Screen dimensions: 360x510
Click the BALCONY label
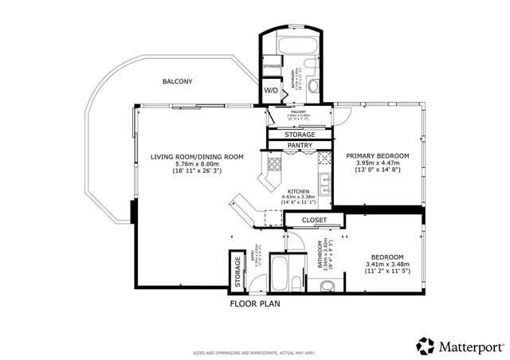(x=177, y=82)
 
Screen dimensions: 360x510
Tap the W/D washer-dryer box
(x=272, y=91)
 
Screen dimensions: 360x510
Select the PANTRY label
(x=300, y=146)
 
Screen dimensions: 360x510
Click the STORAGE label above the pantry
(x=300, y=135)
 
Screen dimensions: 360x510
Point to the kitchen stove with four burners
(x=274, y=166)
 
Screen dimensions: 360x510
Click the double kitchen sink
(x=324, y=168)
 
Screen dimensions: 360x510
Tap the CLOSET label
(x=303, y=219)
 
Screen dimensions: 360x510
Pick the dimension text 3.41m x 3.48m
(x=388, y=264)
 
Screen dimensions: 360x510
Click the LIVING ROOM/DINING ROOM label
(x=197, y=157)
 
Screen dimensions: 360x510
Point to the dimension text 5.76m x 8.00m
(x=197, y=164)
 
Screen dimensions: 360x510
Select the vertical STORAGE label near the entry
(x=237, y=271)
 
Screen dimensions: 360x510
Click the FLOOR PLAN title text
(x=255, y=303)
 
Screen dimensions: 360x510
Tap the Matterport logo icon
(x=425, y=346)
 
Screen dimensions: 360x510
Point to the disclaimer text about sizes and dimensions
(x=254, y=351)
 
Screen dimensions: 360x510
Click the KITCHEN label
(x=298, y=191)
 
